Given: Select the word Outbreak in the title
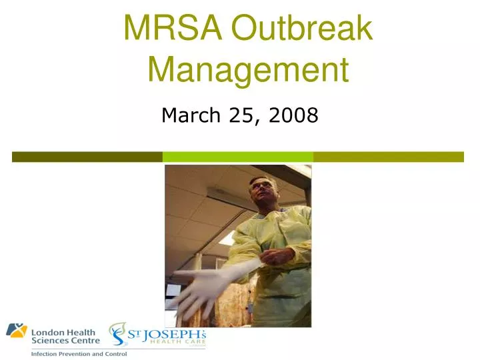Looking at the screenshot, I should point(301,29).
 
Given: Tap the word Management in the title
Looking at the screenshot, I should point(248,69).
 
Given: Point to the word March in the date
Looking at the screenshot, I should point(191,116).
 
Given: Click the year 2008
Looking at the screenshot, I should point(294,116).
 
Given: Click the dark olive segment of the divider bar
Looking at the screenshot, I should point(87,157).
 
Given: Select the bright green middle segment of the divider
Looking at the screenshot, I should point(238,157).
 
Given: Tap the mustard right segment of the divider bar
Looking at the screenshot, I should point(389,157).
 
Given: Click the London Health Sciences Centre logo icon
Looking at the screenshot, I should point(17,331).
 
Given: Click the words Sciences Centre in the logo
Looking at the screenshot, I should point(66,340).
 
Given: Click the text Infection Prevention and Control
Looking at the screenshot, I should point(79,353).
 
